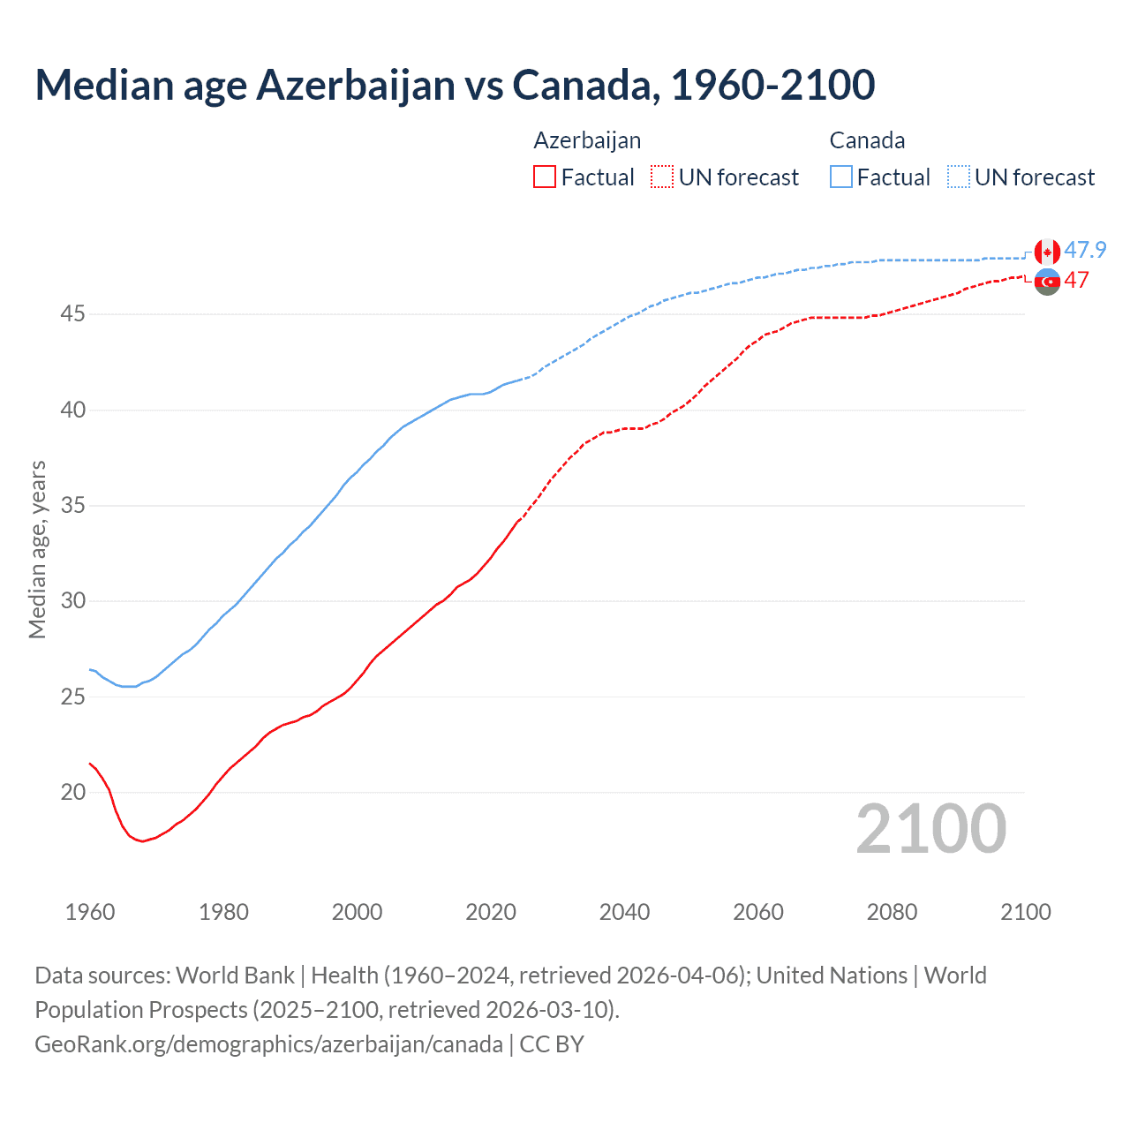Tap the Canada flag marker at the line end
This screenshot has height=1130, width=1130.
pyautogui.click(x=1047, y=252)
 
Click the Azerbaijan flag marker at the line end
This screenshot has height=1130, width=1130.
pyautogui.click(x=1047, y=282)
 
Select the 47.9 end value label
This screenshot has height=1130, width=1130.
pyautogui.click(x=1085, y=251)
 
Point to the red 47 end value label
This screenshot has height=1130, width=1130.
pyautogui.click(x=1076, y=281)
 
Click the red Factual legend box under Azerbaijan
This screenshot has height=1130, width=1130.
pyautogui.click(x=545, y=177)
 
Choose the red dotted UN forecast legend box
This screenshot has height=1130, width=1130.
pyautogui.click(x=662, y=177)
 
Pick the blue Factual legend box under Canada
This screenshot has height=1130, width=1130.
pyautogui.click(x=841, y=177)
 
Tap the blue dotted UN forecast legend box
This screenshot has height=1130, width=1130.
pyautogui.click(x=959, y=177)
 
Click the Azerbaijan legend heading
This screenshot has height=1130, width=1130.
pyautogui.click(x=587, y=140)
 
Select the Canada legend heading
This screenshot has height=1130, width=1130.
pyautogui.click(x=867, y=140)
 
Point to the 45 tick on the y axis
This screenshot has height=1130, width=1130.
pyautogui.click(x=73, y=314)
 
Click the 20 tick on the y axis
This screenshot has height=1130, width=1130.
pyautogui.click(x=73, y=792)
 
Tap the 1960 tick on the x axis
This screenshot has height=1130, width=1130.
pyautogui.click(x=90, y=912)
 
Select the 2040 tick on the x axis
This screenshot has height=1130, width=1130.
pyautogui.click(x=624, y=912)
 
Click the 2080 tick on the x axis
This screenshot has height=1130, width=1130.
pyautogui.click(x=892, y=912)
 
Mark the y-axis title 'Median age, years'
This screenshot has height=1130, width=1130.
pyautogui.click(x=37, y=549)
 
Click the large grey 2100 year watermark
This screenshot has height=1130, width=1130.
pyautogui.click(x=930, y=829)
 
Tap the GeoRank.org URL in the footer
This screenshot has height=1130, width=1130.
pyautogui.click(x=268, y=1044)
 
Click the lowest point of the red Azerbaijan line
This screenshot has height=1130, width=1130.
pyautogui.click(x=142, y=841)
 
